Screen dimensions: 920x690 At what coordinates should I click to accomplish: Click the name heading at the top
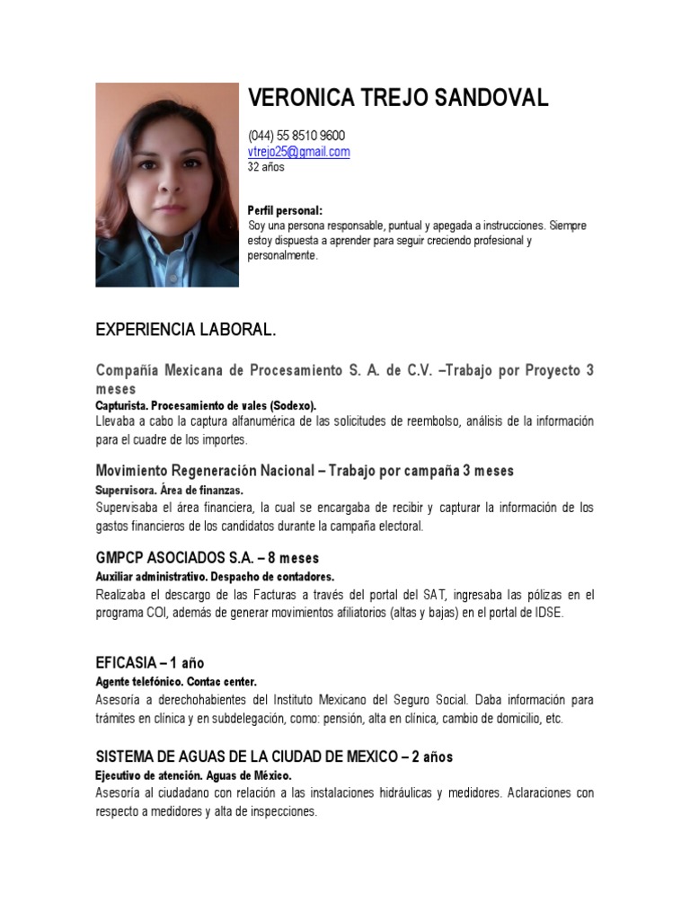pyautogui.click(x=397, y=99)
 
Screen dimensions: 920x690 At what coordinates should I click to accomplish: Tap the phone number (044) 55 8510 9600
pyautogui.click(x=296, y=136)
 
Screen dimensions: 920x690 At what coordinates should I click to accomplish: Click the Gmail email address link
pyautogui.click(x=298, y=152)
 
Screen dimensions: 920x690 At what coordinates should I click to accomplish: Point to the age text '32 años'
pyautogui.click(x=266, y=167)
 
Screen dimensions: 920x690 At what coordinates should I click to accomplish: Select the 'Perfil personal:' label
pyautogui.click(x=285, y=210)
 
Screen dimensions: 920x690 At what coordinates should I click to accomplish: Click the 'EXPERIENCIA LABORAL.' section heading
pyautogui.click(x=186, y=331)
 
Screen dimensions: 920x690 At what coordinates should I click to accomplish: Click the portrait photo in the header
pyautogui.click(x=167, y=185)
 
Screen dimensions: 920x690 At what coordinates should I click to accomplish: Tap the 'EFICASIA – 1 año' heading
pyautogui.click(x=150, y=663)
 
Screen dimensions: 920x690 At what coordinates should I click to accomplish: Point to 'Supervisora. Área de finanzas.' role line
pyautogui.click(x=169, y=491)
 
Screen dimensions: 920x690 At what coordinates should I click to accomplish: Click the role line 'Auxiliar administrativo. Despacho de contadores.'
pyautogui.click(x=215, y=577)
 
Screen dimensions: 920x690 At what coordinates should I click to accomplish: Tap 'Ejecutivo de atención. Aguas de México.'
pyautogui.click(x=193, y=775)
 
